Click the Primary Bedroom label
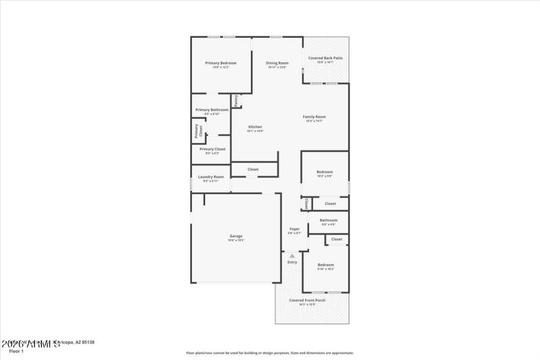tap(221, 63)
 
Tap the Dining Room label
tap(277, 63)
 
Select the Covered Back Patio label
tap(325, 58)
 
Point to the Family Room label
tap(315, 117)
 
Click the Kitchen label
tap(255, 127)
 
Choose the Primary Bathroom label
tap(212, 109)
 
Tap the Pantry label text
tap(236, 100)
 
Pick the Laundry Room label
tap(211, 177)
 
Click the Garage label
tap(236, 236)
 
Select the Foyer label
tap(295, 229)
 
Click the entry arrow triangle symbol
tap(292, 255)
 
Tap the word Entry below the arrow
tap(292, 262)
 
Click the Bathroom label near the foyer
tap(329, 220)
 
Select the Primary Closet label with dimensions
tap(213, 149)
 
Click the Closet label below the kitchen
tap(253, 169)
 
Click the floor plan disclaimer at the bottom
tap(270, 353)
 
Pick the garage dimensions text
tap(236, 240)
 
